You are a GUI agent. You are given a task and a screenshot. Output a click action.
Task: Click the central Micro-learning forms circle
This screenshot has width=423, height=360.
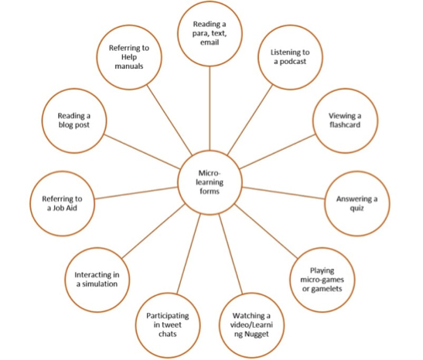tap(210, 182)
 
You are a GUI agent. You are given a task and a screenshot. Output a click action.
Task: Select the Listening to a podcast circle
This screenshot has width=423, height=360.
tap(290, 57)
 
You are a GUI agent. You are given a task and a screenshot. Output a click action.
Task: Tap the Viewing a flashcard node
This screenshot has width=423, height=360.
tap(346, 121)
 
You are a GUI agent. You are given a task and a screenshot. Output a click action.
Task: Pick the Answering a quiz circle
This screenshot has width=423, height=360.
tap(357, 203)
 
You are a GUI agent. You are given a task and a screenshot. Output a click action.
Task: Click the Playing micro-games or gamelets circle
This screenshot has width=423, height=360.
tap(322, 280)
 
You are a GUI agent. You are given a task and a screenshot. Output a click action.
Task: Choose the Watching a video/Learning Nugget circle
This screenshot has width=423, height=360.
tap(251, 325)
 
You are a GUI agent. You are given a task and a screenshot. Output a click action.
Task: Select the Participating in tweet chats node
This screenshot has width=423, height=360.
tap(168, 325)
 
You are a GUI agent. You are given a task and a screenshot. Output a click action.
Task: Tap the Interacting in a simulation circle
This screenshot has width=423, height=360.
tap(97, 280)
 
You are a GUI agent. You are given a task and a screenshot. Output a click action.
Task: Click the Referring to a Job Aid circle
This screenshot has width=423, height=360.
tap(63, 203)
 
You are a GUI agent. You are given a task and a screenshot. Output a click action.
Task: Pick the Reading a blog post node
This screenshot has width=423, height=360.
tap(74, 121)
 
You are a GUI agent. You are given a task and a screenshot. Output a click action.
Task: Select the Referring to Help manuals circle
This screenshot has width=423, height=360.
tap(129, 57)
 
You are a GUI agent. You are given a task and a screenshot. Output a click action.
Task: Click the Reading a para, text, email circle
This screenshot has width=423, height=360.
tap(210, 33)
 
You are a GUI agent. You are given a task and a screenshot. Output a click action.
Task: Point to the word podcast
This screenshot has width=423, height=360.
tap(293, 62)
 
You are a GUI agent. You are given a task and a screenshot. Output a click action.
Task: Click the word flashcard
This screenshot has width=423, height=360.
tap(345, 124)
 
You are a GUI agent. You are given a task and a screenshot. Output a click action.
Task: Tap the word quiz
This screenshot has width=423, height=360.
tap(357, 209)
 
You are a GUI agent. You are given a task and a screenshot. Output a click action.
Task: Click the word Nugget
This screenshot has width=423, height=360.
tap(257, 335)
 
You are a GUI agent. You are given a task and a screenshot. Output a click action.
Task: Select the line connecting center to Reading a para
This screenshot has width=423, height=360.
tap(210, 108)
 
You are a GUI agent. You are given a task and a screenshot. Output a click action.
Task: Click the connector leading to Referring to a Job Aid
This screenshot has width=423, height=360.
tap(136, 193)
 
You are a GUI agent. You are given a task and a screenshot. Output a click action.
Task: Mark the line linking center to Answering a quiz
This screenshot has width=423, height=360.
tap(284, 193)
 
